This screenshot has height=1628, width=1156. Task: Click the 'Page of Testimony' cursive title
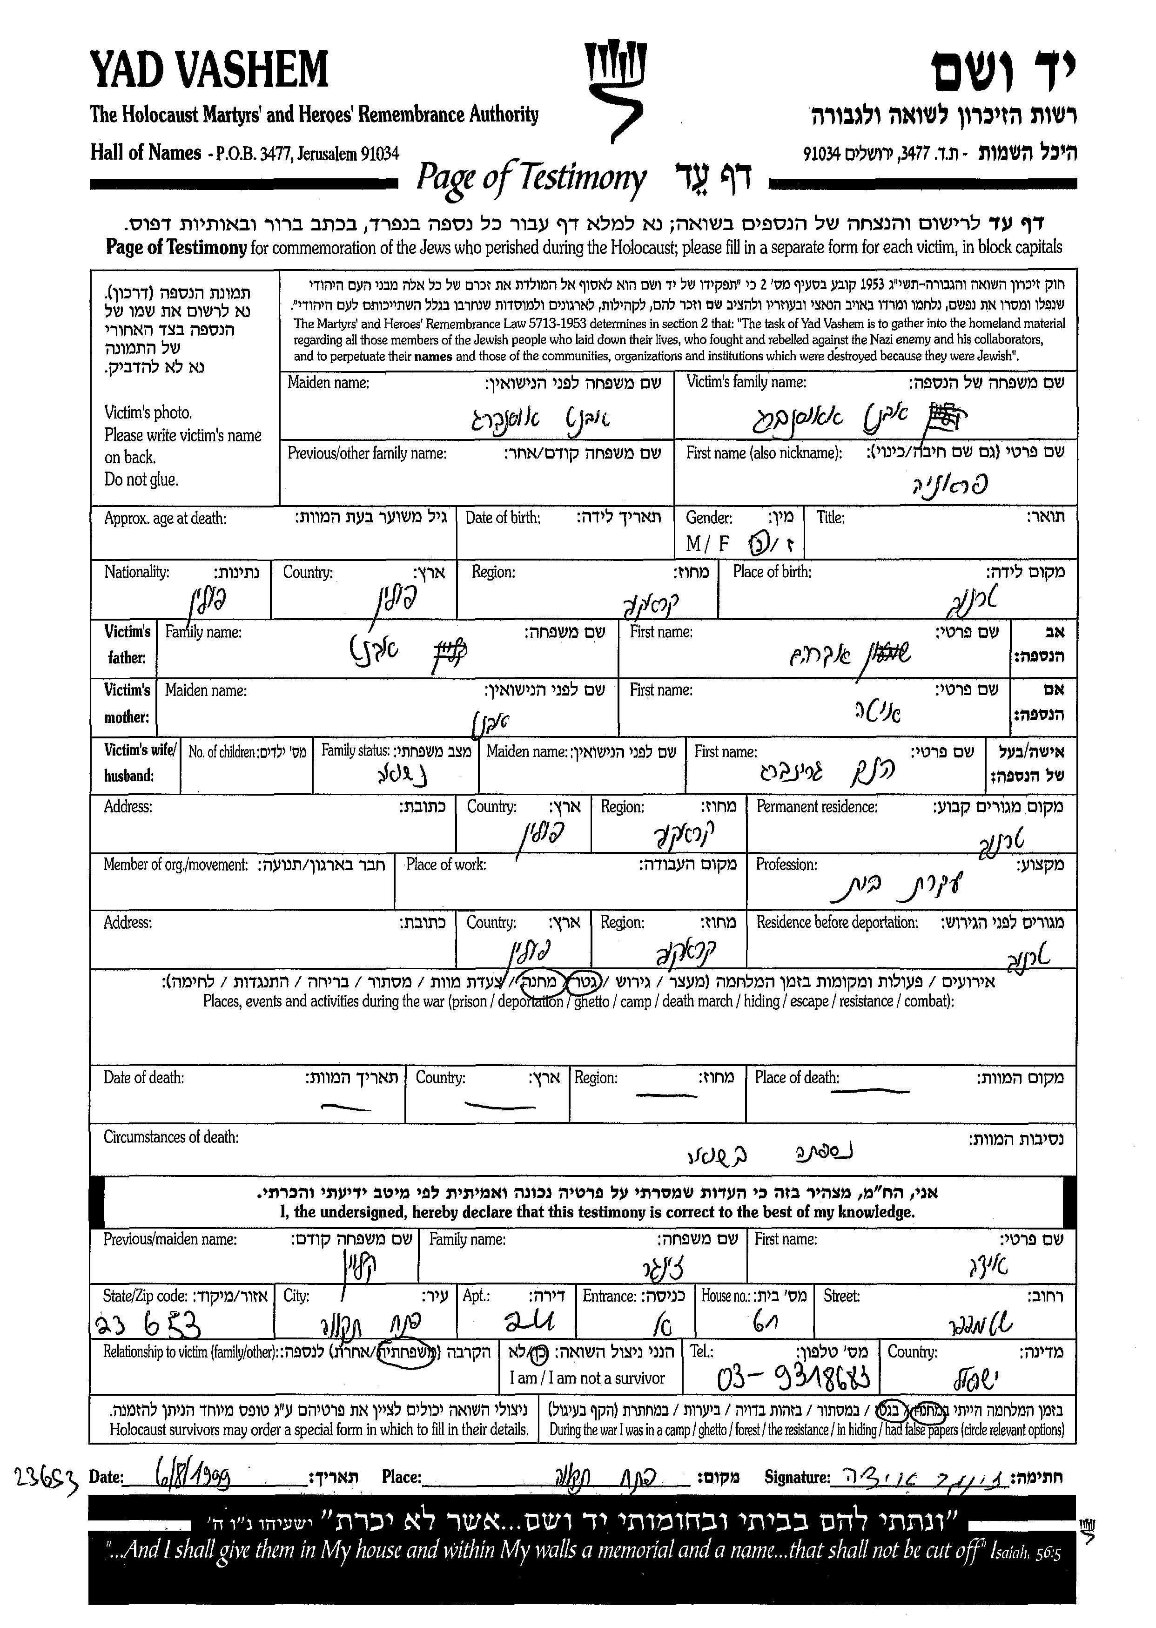coord(531,178)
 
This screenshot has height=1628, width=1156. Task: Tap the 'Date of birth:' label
coord(503,518)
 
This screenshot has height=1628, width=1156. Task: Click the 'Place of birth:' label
coord(772,572)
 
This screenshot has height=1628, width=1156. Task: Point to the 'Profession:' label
coord(786,865)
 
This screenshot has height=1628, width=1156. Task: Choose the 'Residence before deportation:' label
coord(836,922)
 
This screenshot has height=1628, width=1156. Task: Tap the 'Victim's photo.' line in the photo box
coord(148,412)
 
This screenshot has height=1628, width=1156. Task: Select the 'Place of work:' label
coord(446,865)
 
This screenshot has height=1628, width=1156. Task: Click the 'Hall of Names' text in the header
coord(145,152)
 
